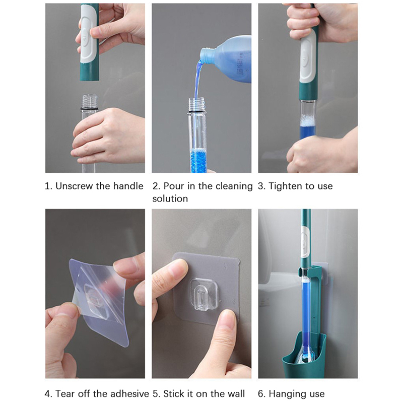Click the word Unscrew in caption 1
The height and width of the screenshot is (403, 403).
[75, 186]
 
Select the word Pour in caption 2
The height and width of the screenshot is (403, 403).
[174, 186]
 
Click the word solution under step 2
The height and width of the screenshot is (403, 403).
[170, 198]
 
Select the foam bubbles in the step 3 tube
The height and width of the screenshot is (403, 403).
[307, 120]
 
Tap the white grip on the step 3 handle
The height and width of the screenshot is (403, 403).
[307, 58]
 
